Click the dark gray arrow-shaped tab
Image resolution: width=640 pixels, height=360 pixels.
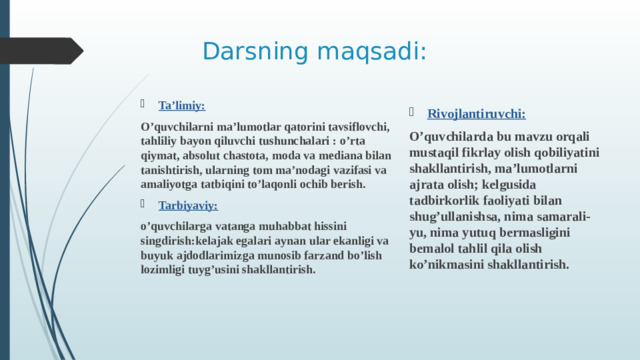click(x=40, y=50)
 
